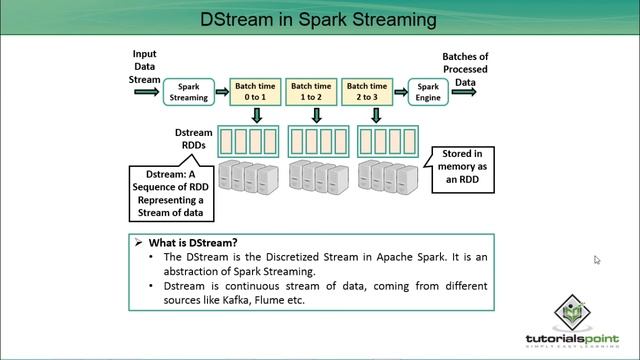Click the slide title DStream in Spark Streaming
(318, 19)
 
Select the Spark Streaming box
(188, 92)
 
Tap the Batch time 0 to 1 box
(257, 92)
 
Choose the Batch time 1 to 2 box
(313, 92)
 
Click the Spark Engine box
(428, 92)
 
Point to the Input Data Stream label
(145, 65)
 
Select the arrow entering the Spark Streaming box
(147, 93)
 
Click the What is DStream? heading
(191, 243)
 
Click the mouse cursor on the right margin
(597, 260)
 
